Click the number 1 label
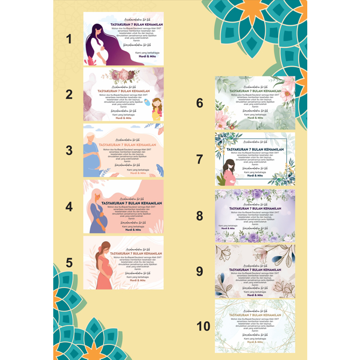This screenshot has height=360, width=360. [x=68, y=39]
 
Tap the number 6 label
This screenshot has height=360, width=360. [x=200, y=103]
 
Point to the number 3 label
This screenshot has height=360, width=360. [x=68, y=150]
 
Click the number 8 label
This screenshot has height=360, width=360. [x=200, y=216]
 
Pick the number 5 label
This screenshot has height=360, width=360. [x=69, y=263]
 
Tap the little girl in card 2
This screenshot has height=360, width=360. [x=156, y=110]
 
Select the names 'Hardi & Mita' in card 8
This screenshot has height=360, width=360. [x=228, y=229]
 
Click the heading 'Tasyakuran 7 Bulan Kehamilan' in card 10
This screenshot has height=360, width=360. [x=255, y=315]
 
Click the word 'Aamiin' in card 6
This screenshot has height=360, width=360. [x=255, y=107]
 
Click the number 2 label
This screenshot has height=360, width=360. [x=68, y=94]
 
